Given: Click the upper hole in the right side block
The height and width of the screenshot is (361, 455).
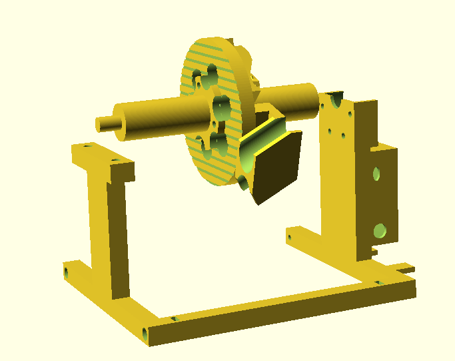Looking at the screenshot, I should coord(376,174).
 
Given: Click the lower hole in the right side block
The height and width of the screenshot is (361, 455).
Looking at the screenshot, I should coord(380,231).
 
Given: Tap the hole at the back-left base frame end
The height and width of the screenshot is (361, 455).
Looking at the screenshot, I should coord(67,272).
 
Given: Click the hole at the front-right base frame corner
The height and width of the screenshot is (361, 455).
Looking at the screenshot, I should coord(378,283).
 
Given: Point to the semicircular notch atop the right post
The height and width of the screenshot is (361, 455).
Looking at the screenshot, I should coord(336,101).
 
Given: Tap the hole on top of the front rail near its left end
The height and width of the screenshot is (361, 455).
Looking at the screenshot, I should coord(174,319).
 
